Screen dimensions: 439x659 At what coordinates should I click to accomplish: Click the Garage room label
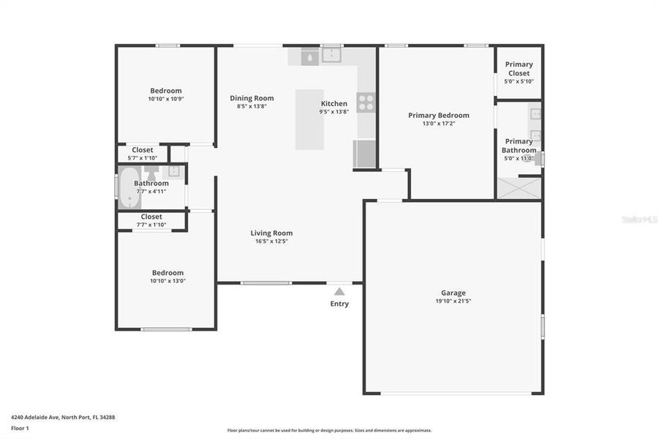coord(453,293)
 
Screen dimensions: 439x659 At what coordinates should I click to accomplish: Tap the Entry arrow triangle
coord(339,291)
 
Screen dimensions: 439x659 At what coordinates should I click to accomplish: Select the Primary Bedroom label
coord(438,115)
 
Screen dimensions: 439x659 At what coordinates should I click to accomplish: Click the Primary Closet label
coord(519,69)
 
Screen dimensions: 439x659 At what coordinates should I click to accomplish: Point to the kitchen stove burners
coord(366,102)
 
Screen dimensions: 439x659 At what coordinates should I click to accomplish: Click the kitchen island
coord(309,119)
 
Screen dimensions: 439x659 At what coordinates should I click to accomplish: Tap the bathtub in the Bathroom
coord(130,188)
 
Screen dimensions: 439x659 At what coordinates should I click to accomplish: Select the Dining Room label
coord(252,98)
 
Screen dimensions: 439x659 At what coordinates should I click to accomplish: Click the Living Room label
coord(271,233)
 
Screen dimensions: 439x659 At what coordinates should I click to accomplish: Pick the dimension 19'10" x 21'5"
coord(453,301)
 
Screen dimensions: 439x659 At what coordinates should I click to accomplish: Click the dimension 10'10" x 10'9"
coord(166,99)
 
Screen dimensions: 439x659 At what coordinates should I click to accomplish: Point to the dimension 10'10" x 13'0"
coord(167,280)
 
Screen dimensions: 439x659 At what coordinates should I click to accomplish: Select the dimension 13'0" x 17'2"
coord(438,124)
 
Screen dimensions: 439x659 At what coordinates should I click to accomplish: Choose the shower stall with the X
coord(519,188)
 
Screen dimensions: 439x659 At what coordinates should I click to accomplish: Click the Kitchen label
coord(334,103)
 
